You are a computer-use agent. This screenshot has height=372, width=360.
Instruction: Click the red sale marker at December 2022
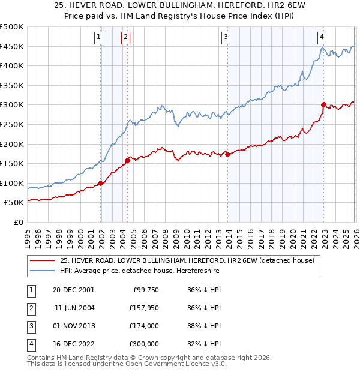[x=323, y=104]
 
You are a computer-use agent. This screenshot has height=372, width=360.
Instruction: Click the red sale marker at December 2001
[x=101, y=183]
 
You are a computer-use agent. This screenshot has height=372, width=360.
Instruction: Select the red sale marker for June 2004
[x=127, y=160]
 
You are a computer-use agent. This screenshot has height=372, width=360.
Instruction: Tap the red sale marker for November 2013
[x=227, y=154]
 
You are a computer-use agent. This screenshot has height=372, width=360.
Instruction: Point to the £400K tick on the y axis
[x=12, y=66]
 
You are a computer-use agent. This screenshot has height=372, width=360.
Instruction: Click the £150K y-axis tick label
[x=12, y=163]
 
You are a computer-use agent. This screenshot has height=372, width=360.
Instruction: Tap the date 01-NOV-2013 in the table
[x=73, y=326]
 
